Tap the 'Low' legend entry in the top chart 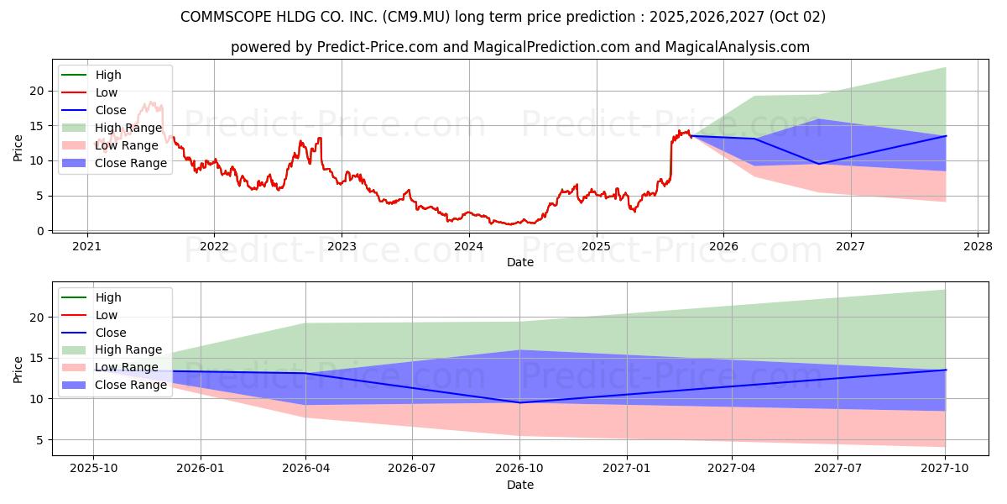tap(107, 92)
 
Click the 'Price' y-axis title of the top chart tap(18, 147)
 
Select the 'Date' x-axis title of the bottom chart tap(520, 485)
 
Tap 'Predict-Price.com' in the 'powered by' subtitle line tap(378, 47)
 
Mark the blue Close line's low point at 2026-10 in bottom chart tap(519, 402)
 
